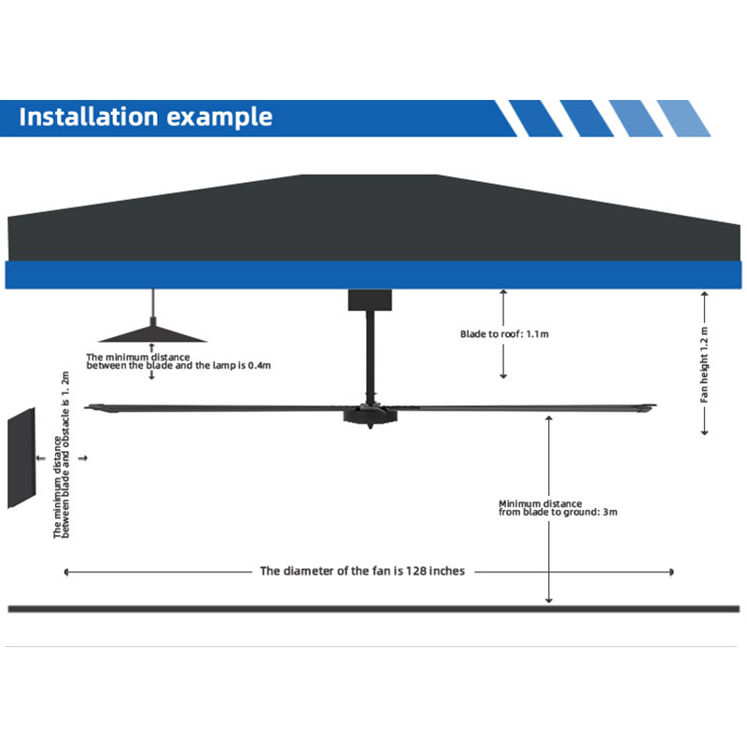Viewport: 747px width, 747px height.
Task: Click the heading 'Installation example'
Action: (146, 118)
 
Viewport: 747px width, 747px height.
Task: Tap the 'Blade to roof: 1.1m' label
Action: (504, 333)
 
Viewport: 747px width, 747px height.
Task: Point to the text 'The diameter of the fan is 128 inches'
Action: (362, 571)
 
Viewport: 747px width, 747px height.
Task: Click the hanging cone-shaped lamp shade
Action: (151, 332)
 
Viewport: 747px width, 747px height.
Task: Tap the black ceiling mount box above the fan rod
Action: (371, 300)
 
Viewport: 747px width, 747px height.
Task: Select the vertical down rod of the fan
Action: (371, 355)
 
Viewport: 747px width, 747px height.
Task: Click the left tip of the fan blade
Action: (89, 406)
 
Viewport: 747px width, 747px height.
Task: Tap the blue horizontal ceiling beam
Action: (373, 275)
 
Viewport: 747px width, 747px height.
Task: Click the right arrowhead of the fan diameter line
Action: (671, 571)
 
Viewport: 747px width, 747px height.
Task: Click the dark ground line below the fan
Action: (373, 609)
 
